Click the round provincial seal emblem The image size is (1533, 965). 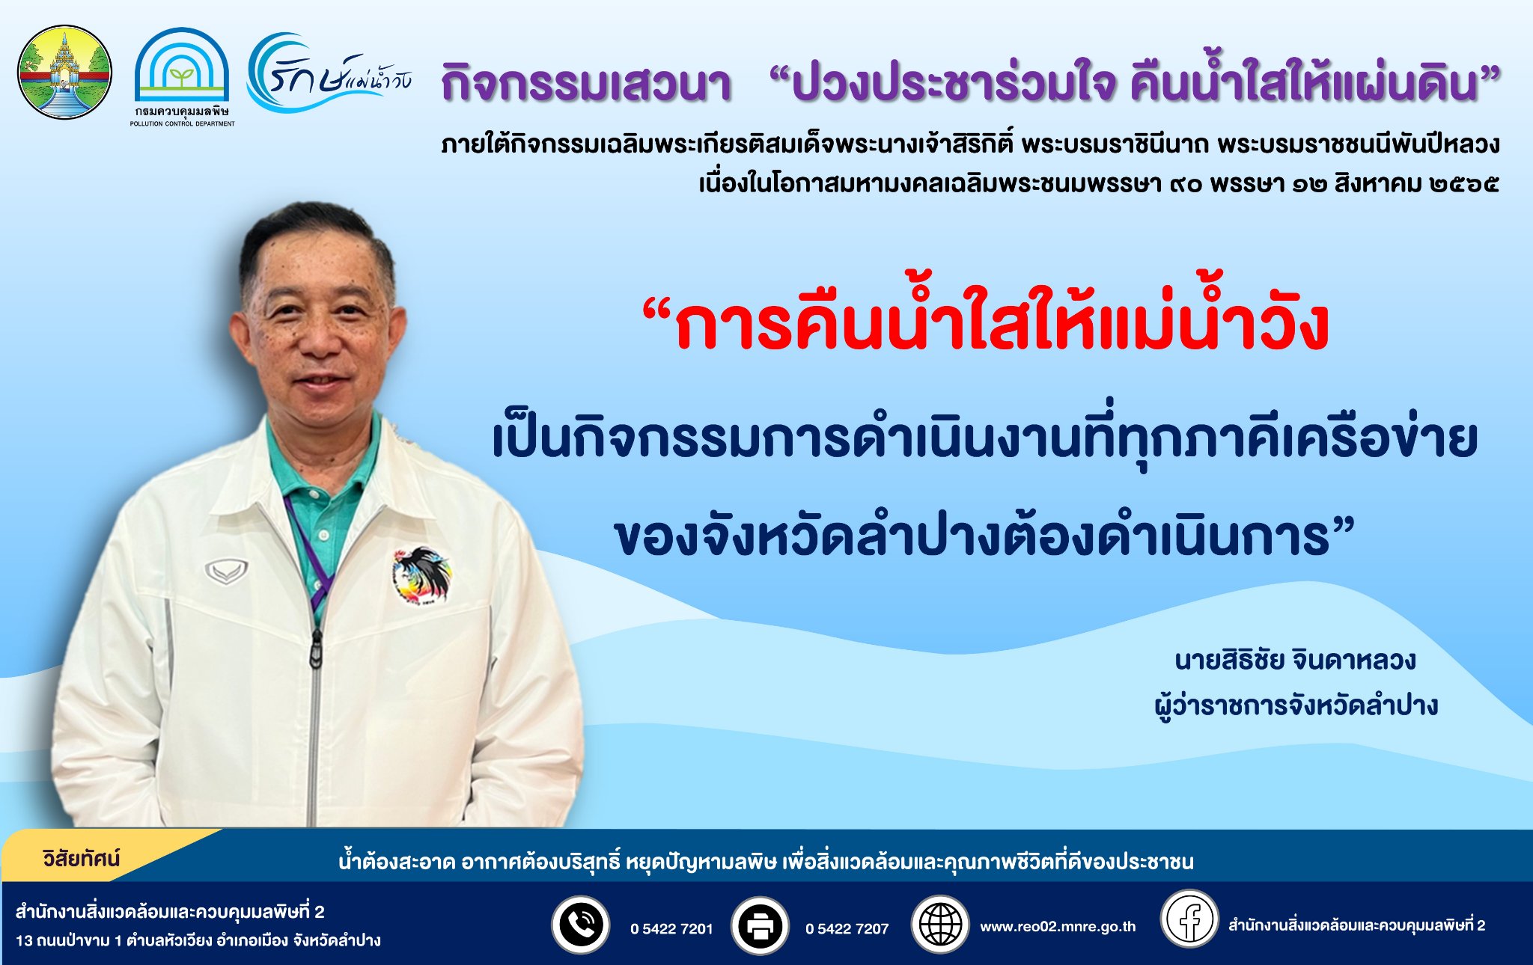click(x=64, y=73)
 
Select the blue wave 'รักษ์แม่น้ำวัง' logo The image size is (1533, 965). click(x=329, y=73)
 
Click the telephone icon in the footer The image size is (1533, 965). click(x=580, y=925)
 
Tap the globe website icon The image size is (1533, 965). click(x=939, y=925)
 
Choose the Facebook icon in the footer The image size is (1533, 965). click(x=1189, y=919)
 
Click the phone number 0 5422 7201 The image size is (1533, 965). click(x=671, y=929)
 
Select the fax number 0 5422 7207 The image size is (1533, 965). click(x=847, y=929)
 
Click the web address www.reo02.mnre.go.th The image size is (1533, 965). click(x=1058, y=927)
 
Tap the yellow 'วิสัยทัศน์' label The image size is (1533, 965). click(x=82, y=858)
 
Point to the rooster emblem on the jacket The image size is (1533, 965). click(x=421, y=575)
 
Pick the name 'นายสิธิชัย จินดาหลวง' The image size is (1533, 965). click(x=1295, y=661)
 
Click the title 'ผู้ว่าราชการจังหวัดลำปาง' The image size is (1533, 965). click(x=1296, y=705)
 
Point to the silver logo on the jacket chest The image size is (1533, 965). click(x=227, y=572)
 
